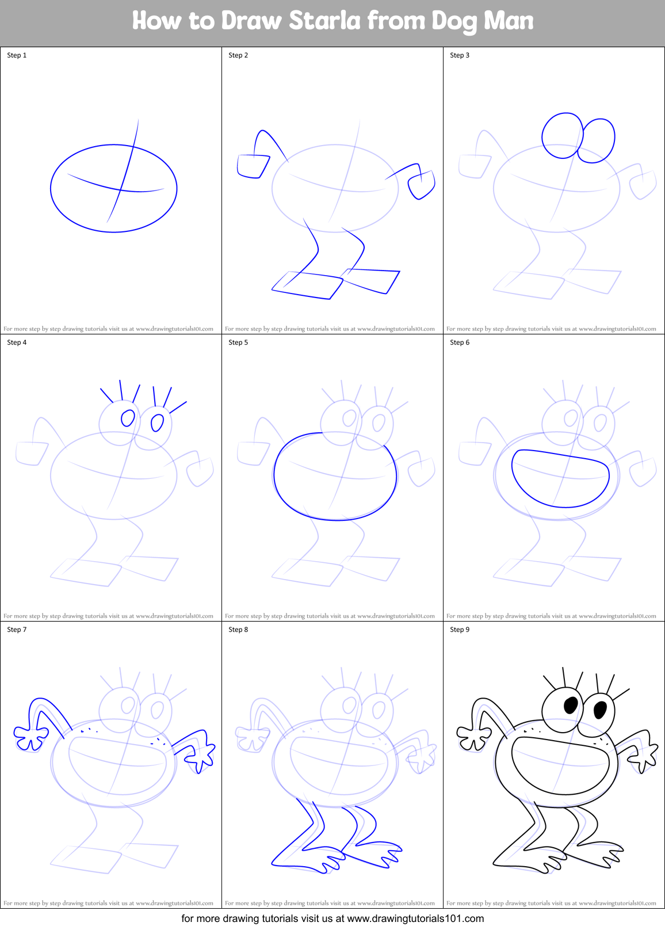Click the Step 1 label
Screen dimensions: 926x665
click(17, 55)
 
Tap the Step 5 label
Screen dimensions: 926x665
click(238, 342)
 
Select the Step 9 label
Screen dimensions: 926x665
click(460, 630)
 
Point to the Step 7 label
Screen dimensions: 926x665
click(17, 630)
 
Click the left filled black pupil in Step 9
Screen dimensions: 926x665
click(571, 704)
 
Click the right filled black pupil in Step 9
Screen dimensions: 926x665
click(600, 710)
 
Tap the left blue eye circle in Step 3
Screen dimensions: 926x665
click(563, 136)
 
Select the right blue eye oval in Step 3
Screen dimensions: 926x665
click(598, 140)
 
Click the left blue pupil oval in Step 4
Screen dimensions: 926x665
click(128, 418)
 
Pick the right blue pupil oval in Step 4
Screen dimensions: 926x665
click(157, 424)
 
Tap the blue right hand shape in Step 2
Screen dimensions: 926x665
click(421, 185)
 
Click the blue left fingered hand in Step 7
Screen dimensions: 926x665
click(30, 738)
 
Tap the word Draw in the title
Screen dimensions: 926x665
click(252, 21)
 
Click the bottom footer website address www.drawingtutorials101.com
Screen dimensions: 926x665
click(415, 919)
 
